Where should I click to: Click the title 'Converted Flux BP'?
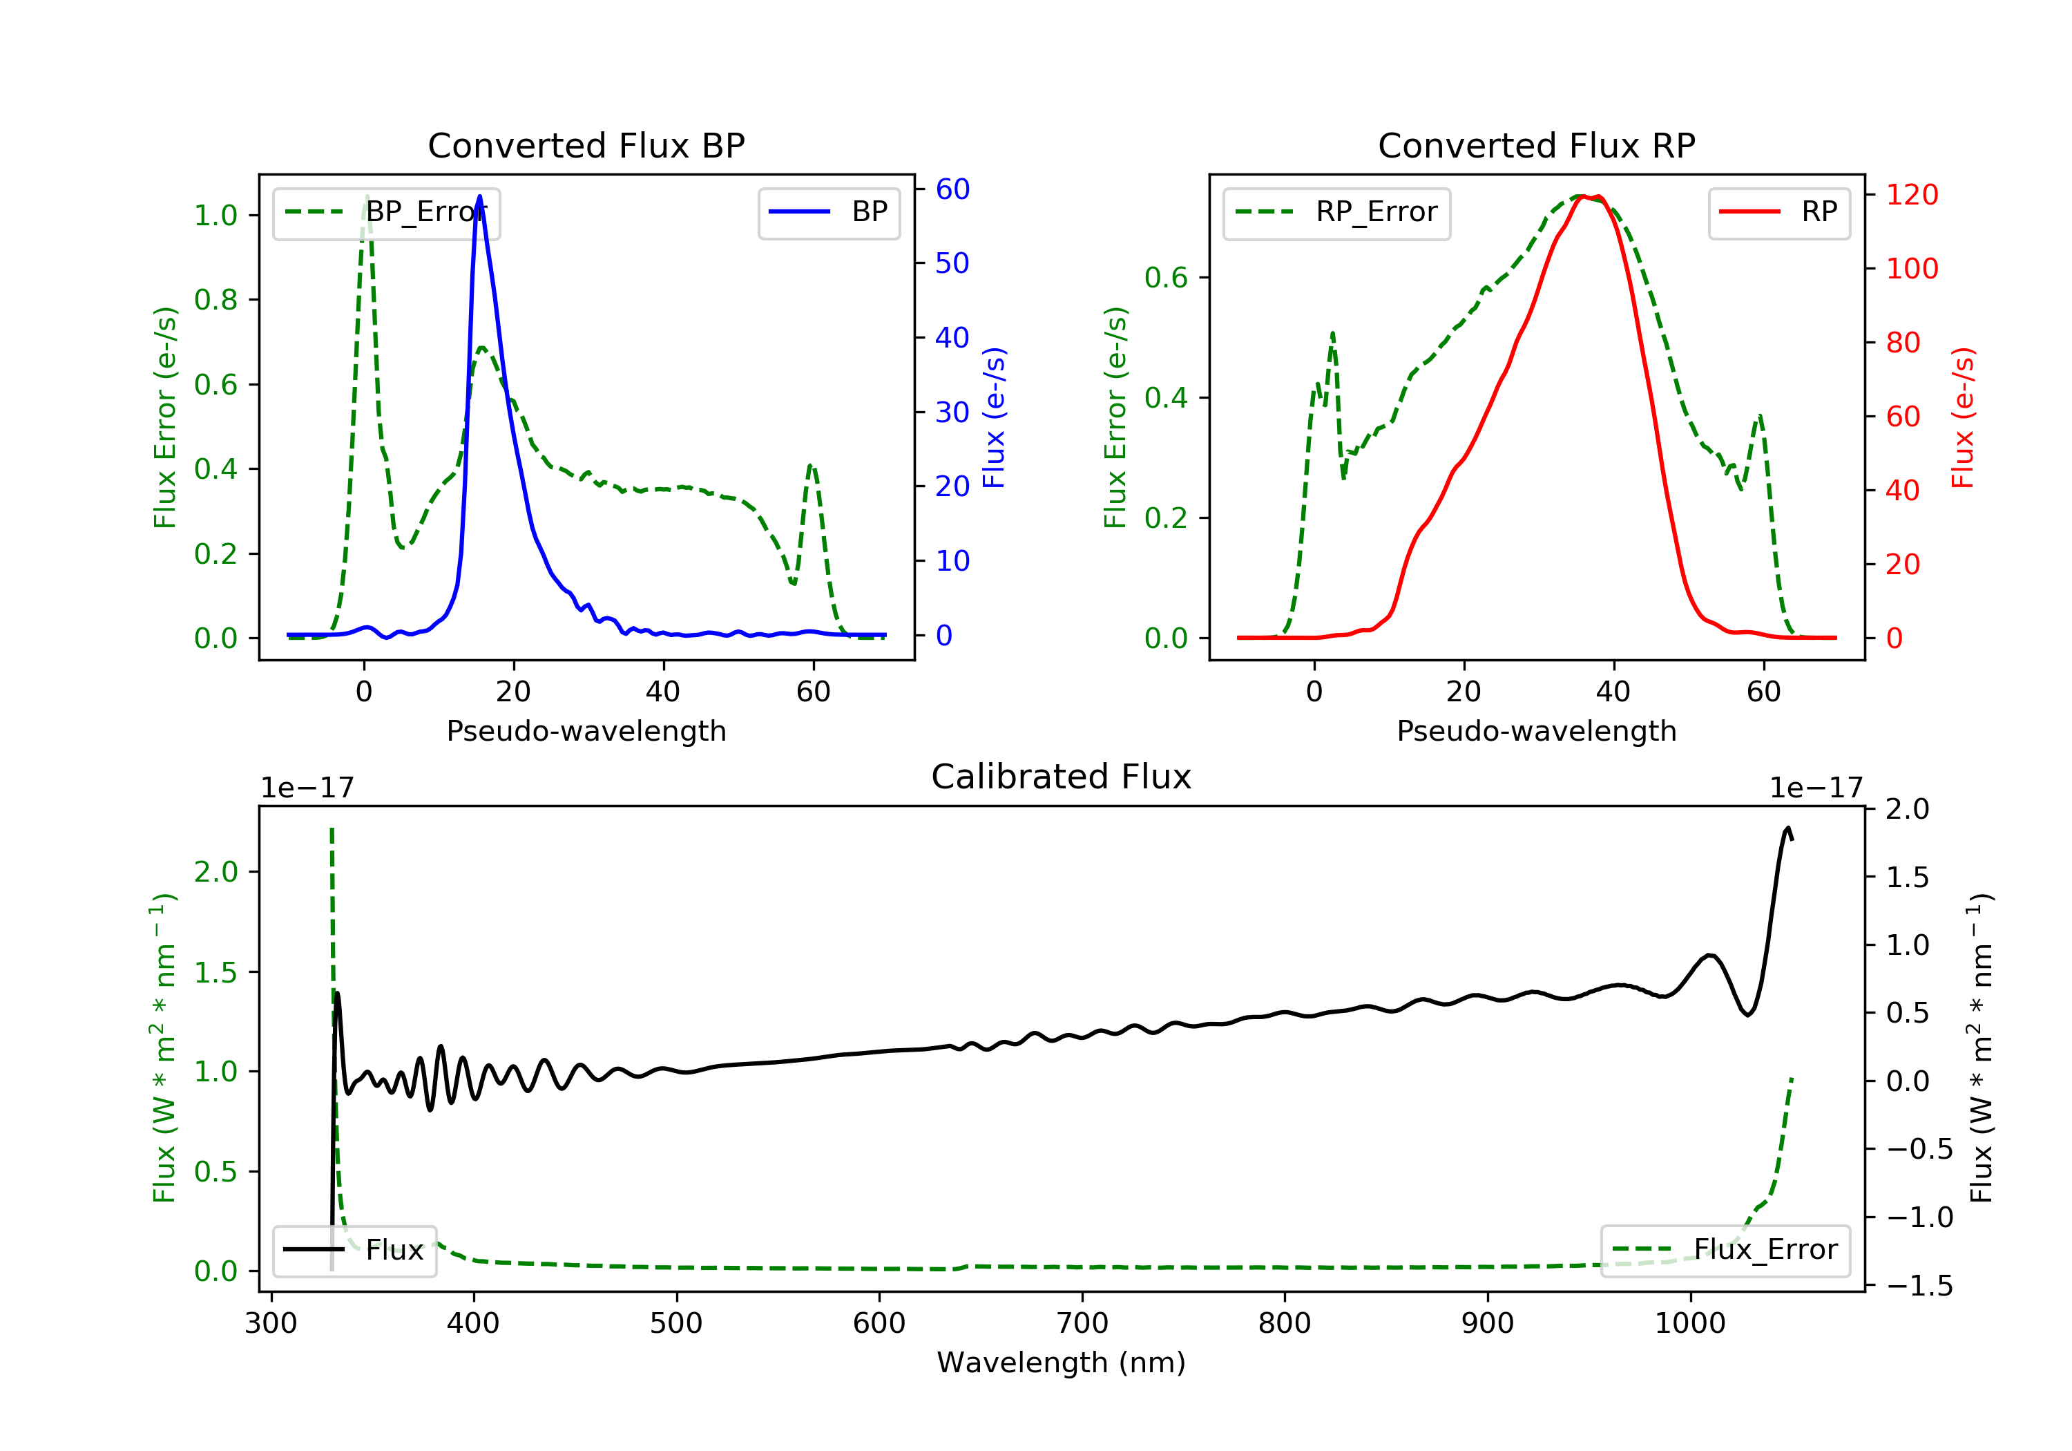point(586,145)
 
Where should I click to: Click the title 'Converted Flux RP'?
point(1536,145)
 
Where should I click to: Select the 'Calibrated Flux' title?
point(1062,777)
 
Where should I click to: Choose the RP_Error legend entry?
point(1336,212)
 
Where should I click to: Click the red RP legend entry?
point(1778,212)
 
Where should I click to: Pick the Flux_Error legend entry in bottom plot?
point(1725,1250)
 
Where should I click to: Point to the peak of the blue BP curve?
point(479,196)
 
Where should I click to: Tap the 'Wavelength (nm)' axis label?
point(1062,1363)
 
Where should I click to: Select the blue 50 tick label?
point(952,263)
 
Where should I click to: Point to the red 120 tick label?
point(1912,194)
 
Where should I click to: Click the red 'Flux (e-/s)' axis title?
point(1963,417)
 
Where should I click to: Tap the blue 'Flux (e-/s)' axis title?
point(994,417)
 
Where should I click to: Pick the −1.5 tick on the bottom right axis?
point(1919,1286)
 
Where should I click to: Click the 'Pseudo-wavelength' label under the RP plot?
point(1536,730)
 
